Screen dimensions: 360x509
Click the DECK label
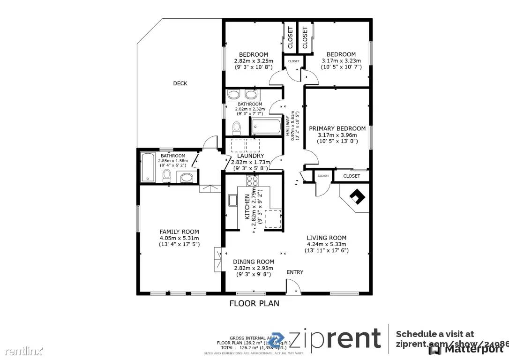tap(180, 83)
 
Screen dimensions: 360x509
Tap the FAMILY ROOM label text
tap(179, 232)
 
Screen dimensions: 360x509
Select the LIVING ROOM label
tap(326, 238)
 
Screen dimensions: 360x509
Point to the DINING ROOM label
tap(254, 262)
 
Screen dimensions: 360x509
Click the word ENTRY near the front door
tap(295, 272)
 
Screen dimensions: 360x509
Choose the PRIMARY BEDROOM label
tap(337, 128)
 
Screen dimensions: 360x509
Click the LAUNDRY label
tap(250, 156)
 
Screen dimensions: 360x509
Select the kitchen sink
tap(232, 201)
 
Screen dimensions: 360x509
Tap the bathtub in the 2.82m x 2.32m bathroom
tap(266, 127)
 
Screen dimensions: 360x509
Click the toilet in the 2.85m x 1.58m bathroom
tap(166, 176)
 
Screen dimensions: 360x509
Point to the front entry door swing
tap(293, 286)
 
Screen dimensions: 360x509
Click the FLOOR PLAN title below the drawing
tap(254, 303)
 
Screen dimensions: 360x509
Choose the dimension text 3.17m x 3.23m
tap(341, 60)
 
